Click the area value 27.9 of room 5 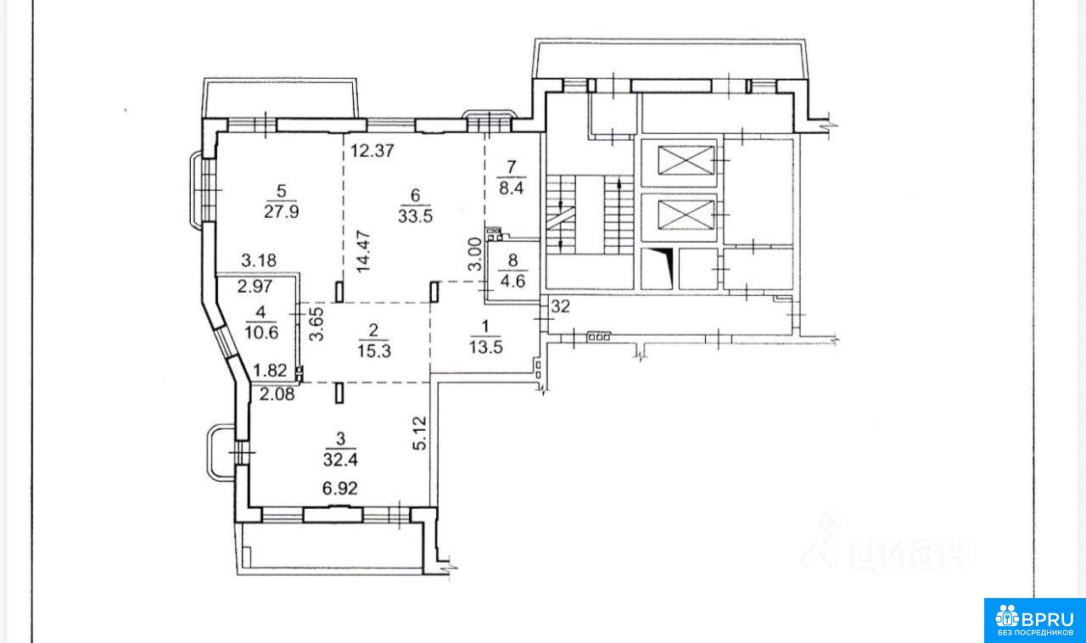coord(281,212)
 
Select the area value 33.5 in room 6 coord(415,215)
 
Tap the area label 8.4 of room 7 coord(512,187)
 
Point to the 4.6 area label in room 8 coord(512,282)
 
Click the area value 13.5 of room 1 coord(486,347)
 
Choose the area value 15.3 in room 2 coord(374,350)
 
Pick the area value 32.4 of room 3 coord(340,459)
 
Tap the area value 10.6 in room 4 coord(261,333)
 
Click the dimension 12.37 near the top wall coord(372,151)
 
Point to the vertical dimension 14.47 coord(363,253)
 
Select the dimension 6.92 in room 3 coord(340,488)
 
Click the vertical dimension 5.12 coord(420,433)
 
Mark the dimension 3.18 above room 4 coord(259,261)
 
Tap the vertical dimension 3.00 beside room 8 coord(476,254)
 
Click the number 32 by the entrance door coord(561,306)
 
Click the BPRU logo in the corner coord(1034,622)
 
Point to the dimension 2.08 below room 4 coord(277,394)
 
